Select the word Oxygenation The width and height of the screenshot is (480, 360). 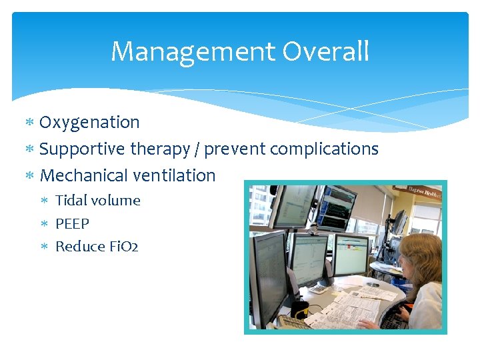[89, 123]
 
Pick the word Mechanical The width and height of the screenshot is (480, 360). [81, 176]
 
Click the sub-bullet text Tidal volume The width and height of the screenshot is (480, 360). [97, 201]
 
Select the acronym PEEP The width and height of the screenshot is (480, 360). [72, 223]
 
